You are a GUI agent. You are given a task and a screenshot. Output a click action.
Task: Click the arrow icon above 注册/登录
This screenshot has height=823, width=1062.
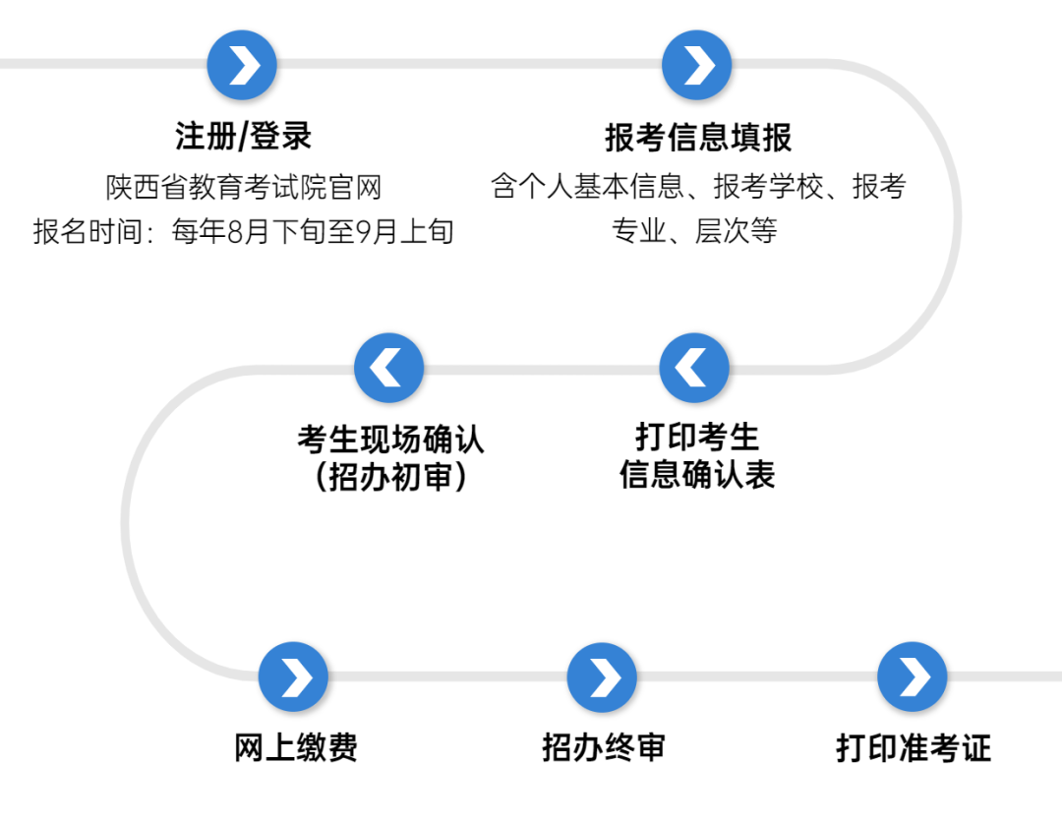(242, 66)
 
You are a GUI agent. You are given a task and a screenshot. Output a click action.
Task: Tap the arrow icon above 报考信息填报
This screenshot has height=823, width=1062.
(697, 66)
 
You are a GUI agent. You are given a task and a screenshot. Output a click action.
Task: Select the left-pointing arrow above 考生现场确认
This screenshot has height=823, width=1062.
(388, 368)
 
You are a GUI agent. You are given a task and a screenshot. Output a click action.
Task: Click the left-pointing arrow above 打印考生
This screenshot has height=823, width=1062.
(694, 368)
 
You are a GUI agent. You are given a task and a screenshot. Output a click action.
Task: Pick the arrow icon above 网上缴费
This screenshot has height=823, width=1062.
(293, 676)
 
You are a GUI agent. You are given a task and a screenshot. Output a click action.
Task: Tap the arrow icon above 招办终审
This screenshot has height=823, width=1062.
(602, 676)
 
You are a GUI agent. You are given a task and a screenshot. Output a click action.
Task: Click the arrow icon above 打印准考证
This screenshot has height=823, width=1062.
(912, 676)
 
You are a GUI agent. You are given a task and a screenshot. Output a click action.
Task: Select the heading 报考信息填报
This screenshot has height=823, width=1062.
(698, 138)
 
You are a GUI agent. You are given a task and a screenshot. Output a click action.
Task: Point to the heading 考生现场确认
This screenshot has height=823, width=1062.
(390, 439)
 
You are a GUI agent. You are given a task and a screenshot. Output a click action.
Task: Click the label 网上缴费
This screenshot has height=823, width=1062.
(295, 747)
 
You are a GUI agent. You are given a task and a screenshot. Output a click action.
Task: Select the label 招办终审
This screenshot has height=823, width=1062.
(603, 747)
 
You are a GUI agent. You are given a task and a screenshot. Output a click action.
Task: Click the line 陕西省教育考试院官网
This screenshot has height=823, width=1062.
(243, 187)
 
